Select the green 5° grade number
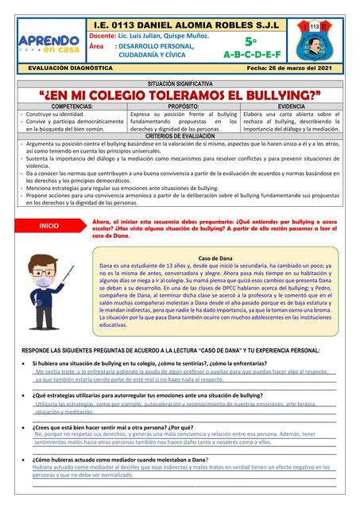250,41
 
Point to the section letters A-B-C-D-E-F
251,54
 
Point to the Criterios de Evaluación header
180,136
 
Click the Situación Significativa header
180,84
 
